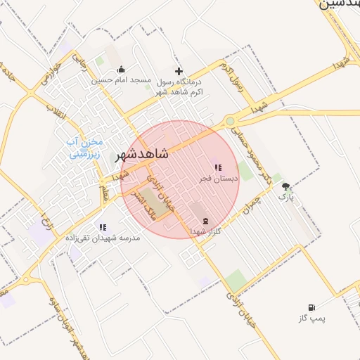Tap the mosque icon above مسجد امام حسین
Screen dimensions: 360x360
122,69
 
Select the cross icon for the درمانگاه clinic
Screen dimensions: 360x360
179,71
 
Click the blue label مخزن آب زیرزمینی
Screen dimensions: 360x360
84,148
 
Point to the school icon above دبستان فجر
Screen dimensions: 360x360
218,168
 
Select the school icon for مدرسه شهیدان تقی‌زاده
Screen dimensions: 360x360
103,227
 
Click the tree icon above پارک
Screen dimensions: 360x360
285,186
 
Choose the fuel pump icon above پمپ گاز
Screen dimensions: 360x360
311,307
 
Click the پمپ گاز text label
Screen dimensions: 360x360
311,319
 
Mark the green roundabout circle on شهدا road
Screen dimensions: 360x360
230,121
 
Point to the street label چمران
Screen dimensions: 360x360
249,203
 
